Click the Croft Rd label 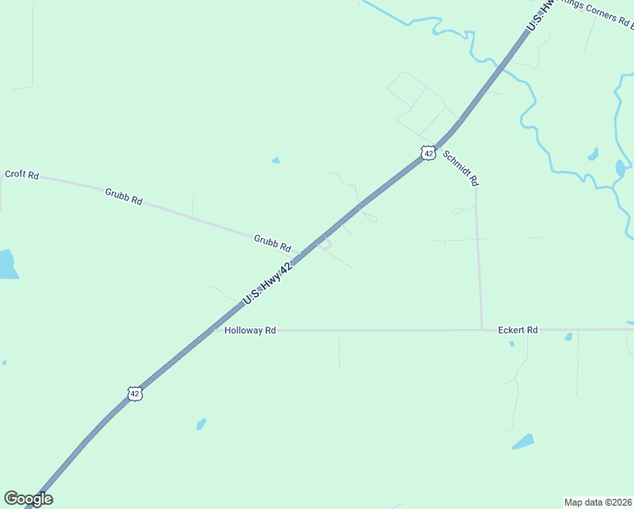22,175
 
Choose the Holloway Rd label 250,330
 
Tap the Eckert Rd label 518,330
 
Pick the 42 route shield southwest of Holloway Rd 135,394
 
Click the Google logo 28,498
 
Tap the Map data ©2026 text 598,501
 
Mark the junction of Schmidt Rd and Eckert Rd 481,329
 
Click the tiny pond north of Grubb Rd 275,159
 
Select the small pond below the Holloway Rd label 201,423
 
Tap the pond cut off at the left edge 7,265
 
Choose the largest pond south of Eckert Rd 523,441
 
